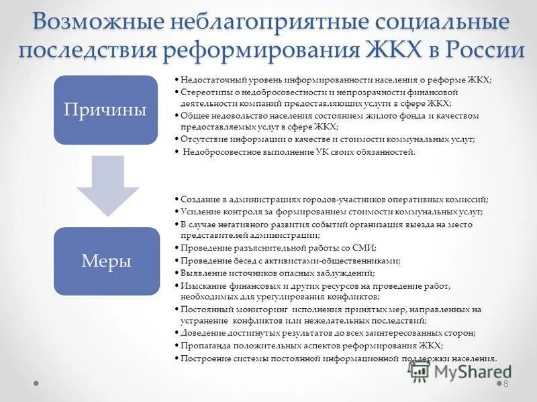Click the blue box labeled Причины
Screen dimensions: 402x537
click(105, 110)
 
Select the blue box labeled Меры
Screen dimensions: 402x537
click(105, 261)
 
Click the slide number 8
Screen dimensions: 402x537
click(505, 384)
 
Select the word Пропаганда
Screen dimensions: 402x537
click(205, 346)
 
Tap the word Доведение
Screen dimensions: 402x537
click(203, 333)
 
